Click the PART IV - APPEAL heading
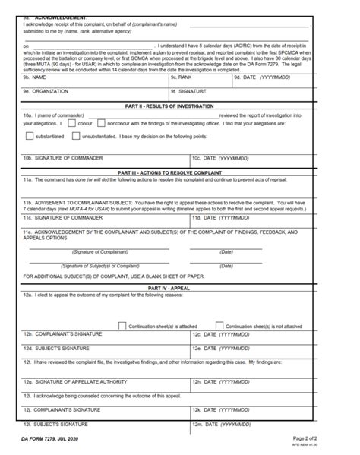pyautogui.click(x=179, y=289)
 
